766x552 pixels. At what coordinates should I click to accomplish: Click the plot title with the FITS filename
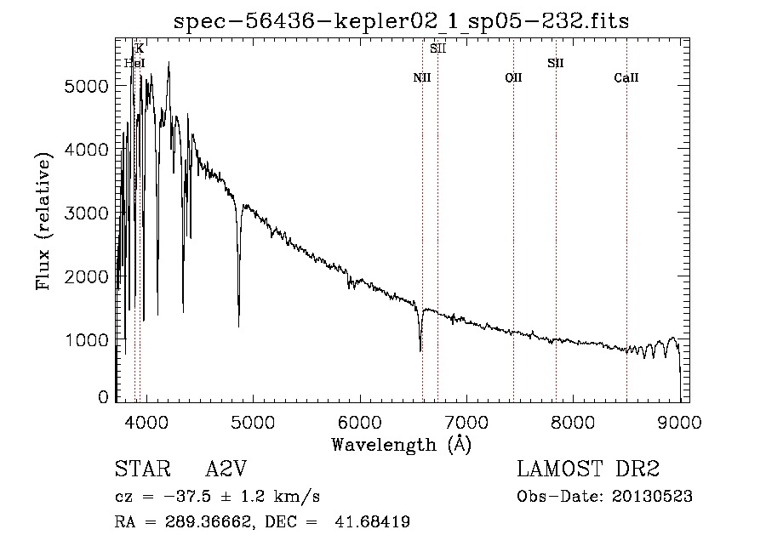(401, 21)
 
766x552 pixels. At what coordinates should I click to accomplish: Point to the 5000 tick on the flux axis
(89, 86)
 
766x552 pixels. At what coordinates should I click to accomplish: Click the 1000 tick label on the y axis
(89, 340)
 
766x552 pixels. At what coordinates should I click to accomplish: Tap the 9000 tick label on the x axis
(679, 421)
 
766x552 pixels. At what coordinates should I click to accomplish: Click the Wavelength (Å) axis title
(401, 444)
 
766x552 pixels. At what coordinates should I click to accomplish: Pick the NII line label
(422, 78)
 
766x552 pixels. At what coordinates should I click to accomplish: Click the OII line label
(513, 78)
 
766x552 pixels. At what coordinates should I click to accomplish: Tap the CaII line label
(626, 78)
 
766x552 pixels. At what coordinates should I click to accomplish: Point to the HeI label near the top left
(134, 63)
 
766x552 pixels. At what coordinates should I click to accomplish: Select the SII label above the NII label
(437, 48)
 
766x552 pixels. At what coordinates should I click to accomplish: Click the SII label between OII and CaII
(556, 63)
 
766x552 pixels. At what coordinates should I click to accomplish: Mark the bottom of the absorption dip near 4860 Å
(238, 325)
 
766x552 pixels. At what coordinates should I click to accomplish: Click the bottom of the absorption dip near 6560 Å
(420, 350)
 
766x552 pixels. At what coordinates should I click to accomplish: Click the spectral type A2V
(226, 469)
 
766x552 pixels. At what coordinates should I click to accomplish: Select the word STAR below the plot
(137, 469)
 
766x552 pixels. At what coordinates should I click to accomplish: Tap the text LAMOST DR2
(588, 469)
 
